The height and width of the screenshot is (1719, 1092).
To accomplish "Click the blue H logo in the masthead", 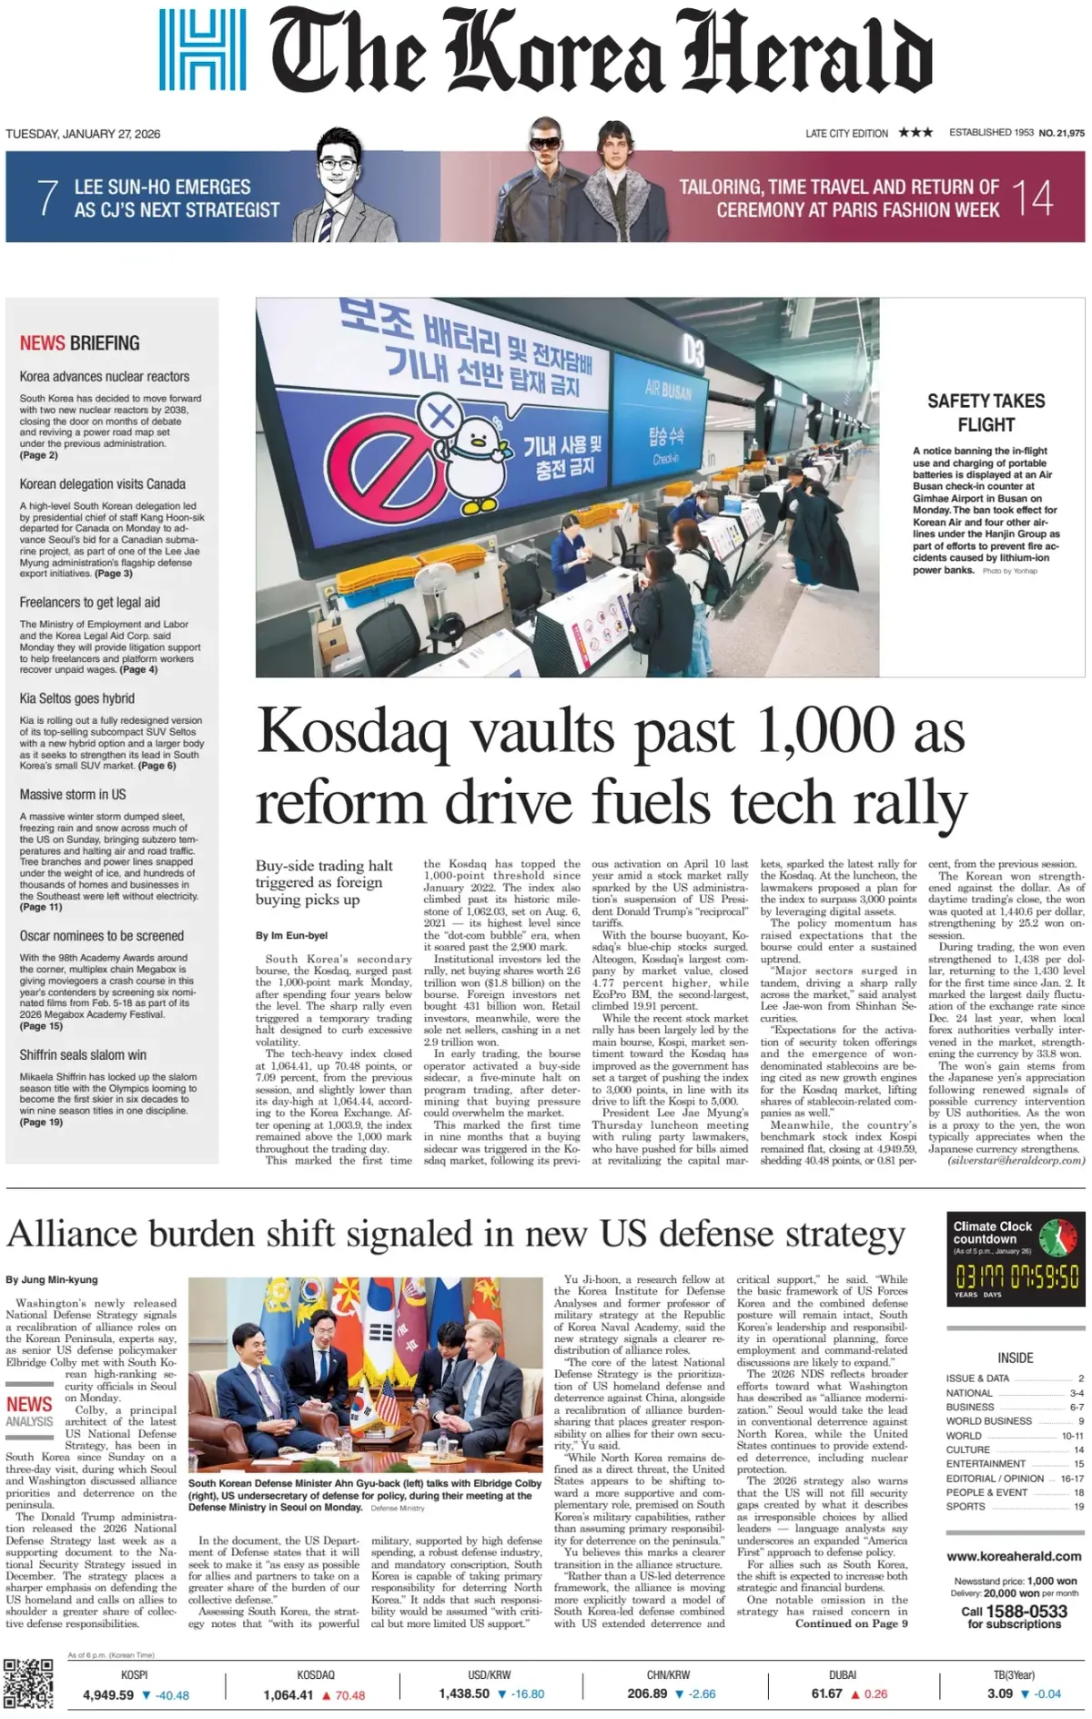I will pyautogui.click(x=202, y=50).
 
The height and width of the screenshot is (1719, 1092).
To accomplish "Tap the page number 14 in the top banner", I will pyautogui.click(x=1032, y=198).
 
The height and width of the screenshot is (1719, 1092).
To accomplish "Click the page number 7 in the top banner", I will pyautogui.click(x=47, y=198).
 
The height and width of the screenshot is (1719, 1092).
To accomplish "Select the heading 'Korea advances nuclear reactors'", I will pyautogui.click(x=105, y=376).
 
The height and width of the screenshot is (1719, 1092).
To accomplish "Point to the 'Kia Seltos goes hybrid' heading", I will pyautogui.click(x=77, y=698).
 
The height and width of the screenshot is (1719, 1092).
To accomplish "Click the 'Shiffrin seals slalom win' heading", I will pyautogui.click(x=83, y=1054).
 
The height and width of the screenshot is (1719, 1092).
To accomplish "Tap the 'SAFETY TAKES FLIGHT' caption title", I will pyautogui.click(x=986, y=412).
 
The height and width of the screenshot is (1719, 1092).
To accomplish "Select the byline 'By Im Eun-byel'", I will pyautogui.click(x=291, y=935).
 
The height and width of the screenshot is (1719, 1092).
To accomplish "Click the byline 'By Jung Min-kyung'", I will pyautogui.click(x=52, y=1279).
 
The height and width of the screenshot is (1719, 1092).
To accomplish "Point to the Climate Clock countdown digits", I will pyautogui.click(x=1016, y=1276).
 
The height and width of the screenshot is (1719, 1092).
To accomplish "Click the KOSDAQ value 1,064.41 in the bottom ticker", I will pyautogui.click(x=288, y=1694).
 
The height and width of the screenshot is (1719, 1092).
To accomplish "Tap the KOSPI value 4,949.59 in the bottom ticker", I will pyautogui.click(x=108, y=1694).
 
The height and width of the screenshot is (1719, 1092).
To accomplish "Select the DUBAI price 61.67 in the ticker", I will pyautogui.click(x=826, y=1694).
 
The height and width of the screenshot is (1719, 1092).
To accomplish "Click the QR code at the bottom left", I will pyautogui.click(x=28, y=1683).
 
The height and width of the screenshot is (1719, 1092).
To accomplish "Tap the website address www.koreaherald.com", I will pyautogui.click(x=1014, y=1556).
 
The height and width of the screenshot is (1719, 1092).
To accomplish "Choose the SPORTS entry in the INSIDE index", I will pyautogui.click(x=966, y=1506).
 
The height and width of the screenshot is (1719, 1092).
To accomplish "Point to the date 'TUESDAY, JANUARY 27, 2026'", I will pyautogui.click(x=83, y=134).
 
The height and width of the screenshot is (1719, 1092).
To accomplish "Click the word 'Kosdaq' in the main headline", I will pyautogui.click(x=353, y=731).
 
